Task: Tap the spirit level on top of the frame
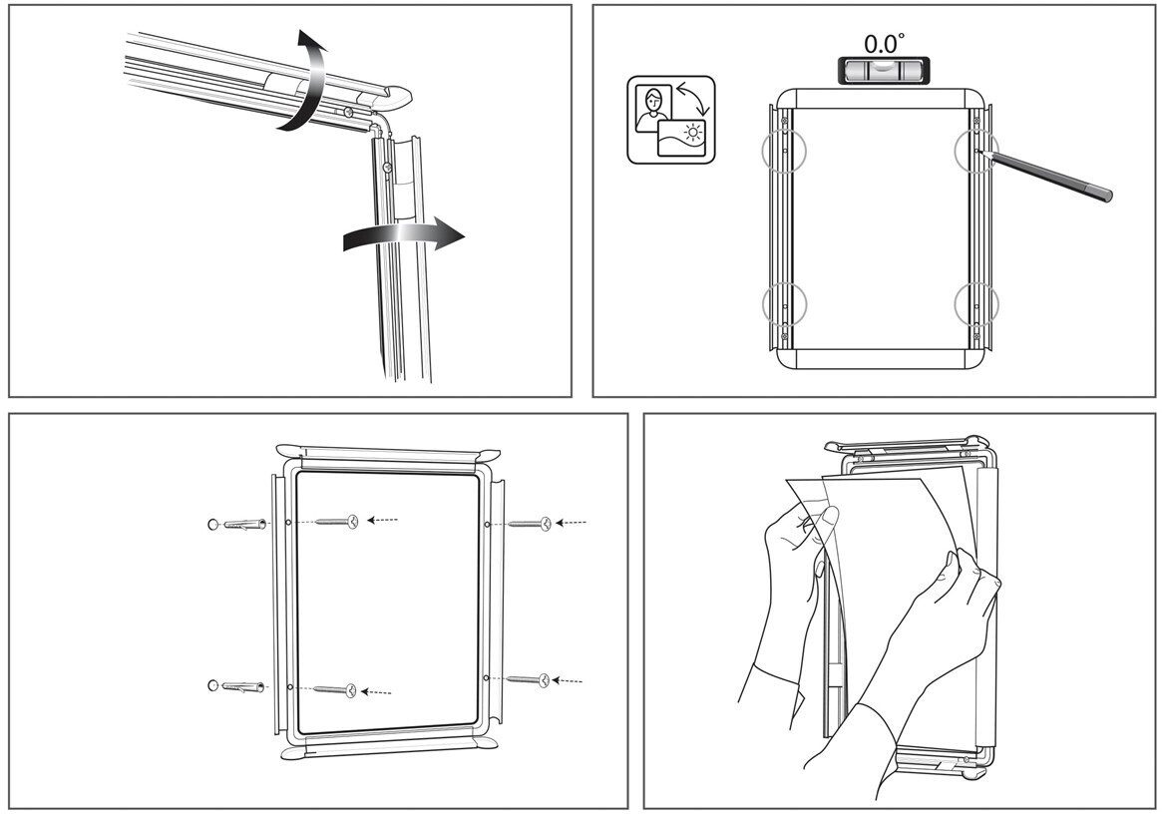click(x=880, y=71)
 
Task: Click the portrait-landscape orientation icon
click(x=671, y=120)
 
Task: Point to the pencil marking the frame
click(x=1044, y=175)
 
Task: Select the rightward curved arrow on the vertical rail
click(x=404, y=234)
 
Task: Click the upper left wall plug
click(x=237, y=525)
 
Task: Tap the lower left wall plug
click(x=237, y=686)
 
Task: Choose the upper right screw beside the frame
click(x=529, y=524)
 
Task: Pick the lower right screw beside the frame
click(x=528, y=679)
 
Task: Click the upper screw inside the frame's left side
click(x=337, y=521)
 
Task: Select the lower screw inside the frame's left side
click(x=335, y=690)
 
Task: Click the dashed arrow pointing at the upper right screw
click(x=571, y=523)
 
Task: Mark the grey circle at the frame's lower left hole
click(x=784, y=304)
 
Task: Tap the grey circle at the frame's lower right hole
click(x=976, y=304)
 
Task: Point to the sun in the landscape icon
click(x=693, y=133)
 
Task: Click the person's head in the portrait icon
click(x=653, y=98)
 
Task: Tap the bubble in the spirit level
click(x=880, y=66)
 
